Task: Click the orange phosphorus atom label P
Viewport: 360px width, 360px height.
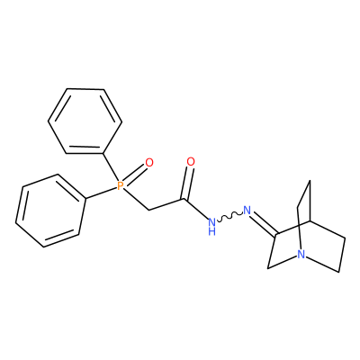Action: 120,186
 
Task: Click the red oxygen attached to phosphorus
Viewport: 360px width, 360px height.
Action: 149,163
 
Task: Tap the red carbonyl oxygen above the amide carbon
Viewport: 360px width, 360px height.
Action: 191,162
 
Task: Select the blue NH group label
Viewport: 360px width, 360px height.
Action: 211,227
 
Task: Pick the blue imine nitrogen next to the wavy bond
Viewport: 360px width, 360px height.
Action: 247,210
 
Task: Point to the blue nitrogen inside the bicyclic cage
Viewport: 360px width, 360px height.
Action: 301,255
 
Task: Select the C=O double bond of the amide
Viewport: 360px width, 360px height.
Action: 188,184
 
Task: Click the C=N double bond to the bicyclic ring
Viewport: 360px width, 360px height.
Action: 264,223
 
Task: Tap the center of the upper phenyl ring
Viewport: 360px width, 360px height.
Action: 85,121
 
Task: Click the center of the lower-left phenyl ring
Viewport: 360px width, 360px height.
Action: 50,211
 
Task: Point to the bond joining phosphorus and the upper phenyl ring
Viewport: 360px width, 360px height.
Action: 110,168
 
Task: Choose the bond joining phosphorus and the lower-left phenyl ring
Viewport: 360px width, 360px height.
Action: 101,193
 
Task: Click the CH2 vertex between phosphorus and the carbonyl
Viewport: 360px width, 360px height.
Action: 148,210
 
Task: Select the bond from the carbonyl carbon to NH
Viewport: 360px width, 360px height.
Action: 196,209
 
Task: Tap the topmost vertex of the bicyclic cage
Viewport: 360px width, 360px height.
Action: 310,181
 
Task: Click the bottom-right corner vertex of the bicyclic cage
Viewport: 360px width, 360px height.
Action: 339,272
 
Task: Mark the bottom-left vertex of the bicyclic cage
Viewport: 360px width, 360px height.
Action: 268,267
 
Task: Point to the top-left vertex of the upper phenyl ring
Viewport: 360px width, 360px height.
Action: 67,89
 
